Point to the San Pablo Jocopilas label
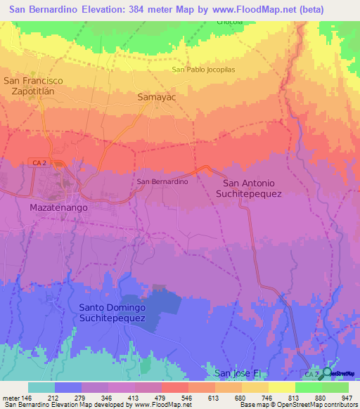point(202,70)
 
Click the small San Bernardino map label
point(162,181)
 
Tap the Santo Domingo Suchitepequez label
point(112,313)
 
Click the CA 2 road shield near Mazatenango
point(39,162)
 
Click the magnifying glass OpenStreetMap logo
point(327,372)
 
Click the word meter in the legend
point(11,398)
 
